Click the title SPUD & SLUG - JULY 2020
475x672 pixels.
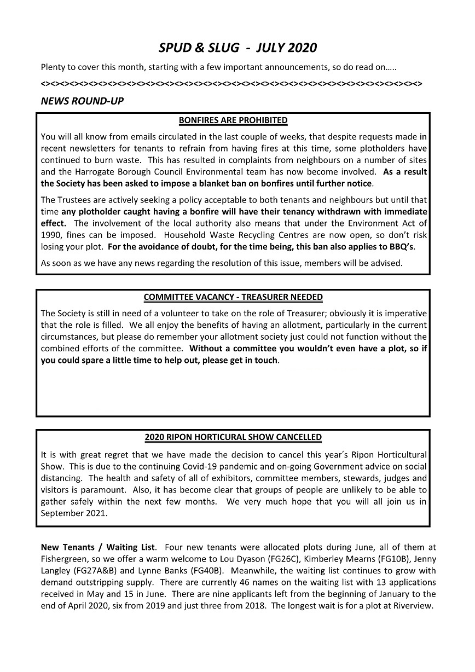[x=237, y=48]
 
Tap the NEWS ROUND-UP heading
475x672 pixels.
[x=82, y=101]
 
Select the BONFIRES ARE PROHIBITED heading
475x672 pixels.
[x=233, y=120]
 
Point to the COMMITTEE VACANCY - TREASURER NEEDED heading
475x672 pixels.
[x=233, y=297]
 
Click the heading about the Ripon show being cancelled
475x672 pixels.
[x=233, y=438]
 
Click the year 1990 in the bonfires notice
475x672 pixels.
[x=51, y=235]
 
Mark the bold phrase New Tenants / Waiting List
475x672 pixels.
[x=98, y=547]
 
